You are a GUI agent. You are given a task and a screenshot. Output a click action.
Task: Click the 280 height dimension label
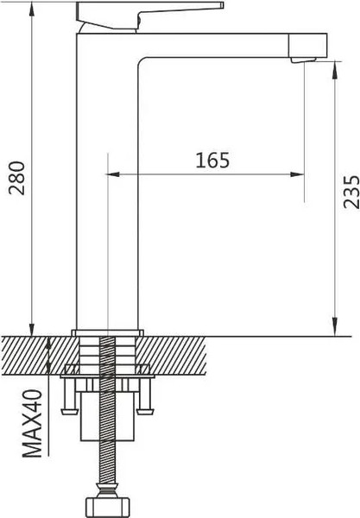click(17, 178)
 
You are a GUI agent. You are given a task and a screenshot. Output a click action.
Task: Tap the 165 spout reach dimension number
click(212, 161)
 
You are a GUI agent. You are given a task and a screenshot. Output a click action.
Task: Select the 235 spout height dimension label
click(351, 192)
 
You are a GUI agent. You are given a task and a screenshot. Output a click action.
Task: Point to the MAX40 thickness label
click(32, 424)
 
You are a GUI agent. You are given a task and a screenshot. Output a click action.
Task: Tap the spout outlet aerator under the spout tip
click(303, 60)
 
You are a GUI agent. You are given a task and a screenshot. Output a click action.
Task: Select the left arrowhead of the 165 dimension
click(113, 174)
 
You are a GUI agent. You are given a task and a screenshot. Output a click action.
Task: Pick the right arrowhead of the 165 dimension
click(297, 174)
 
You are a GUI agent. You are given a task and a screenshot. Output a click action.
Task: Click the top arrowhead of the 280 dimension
click(32, 9)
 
